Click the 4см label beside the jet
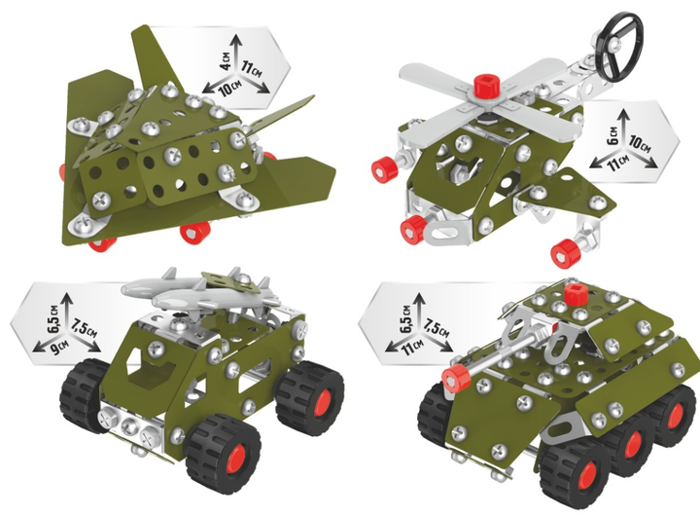(227, 60)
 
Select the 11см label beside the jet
(252, 68)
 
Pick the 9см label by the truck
(57, 347)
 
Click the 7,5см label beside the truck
(84, 327)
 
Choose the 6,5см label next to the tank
(406, 318)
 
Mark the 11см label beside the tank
(414, 347)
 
